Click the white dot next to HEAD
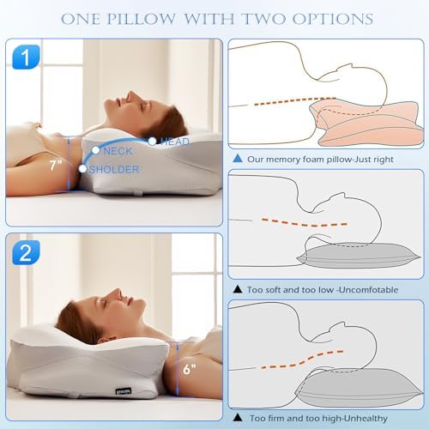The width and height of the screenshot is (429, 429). click(x=152, y=141)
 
